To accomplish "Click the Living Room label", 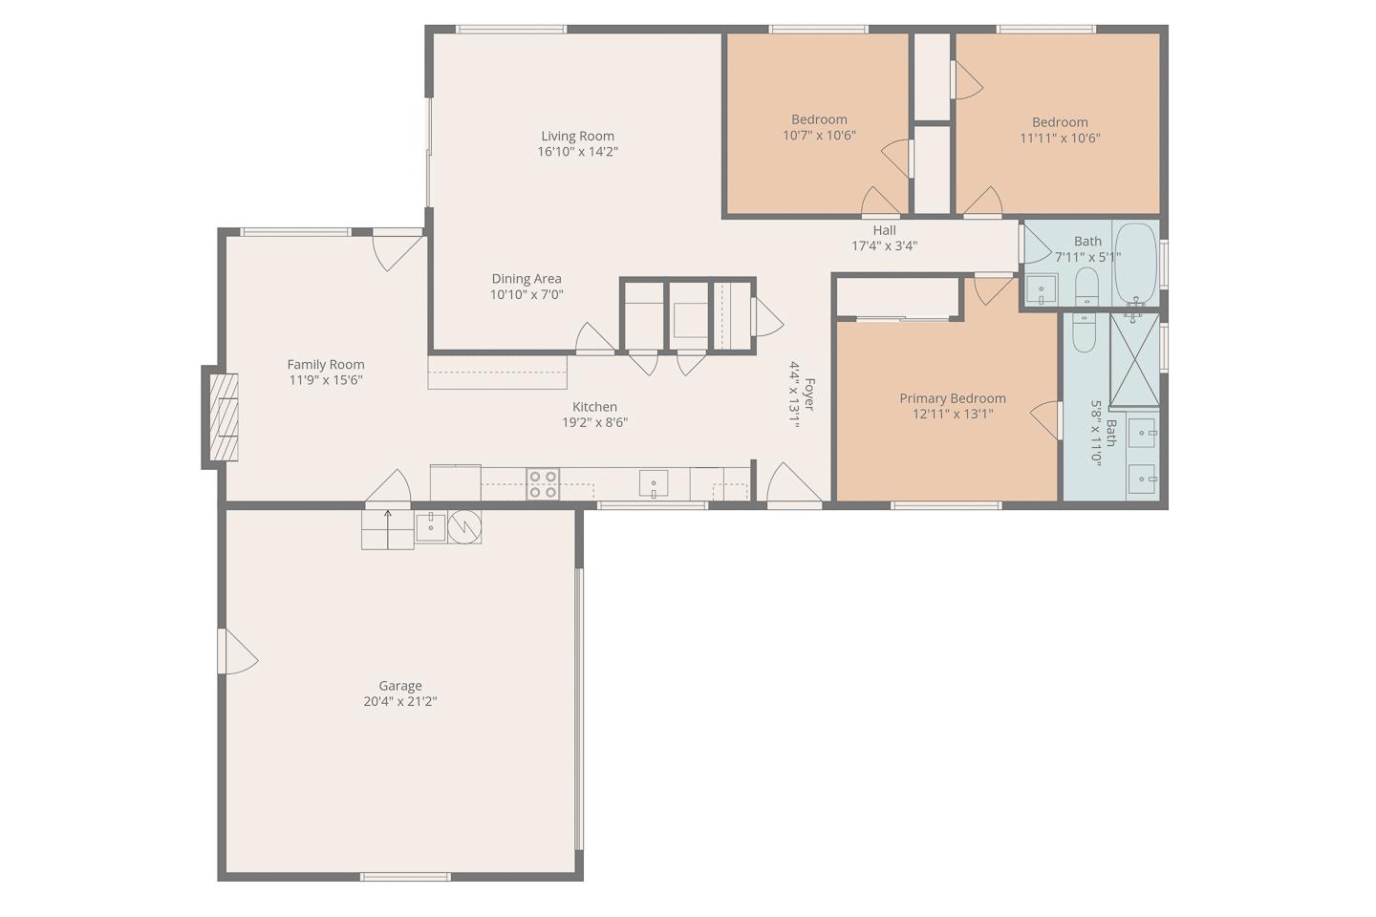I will click(x=577, y=136).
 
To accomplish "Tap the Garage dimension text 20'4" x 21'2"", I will click(x=399, y=701).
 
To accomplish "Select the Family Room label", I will click(x=326, y=364).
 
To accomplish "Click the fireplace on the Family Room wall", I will click(x=223, y=417).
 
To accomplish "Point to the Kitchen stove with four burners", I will click(x=543, y=484).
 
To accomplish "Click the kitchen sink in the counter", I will click(x=654, y=484).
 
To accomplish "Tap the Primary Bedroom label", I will click(x=952, y=398).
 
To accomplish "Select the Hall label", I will click(x=884, y=230).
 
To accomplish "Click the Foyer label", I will click(x=809, y=395).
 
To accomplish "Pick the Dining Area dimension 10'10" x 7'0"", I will click(x=527, y=294).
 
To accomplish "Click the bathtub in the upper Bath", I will click(x=1135, y=263).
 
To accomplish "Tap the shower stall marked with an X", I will click(x=1133, y=359).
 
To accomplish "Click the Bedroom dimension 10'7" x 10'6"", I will click(x=819, y=136).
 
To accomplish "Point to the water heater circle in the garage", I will click(x=465, y=526).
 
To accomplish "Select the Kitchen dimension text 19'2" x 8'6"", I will click(x=594, y=422).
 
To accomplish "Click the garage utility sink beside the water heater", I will click(x=431, y=526).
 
